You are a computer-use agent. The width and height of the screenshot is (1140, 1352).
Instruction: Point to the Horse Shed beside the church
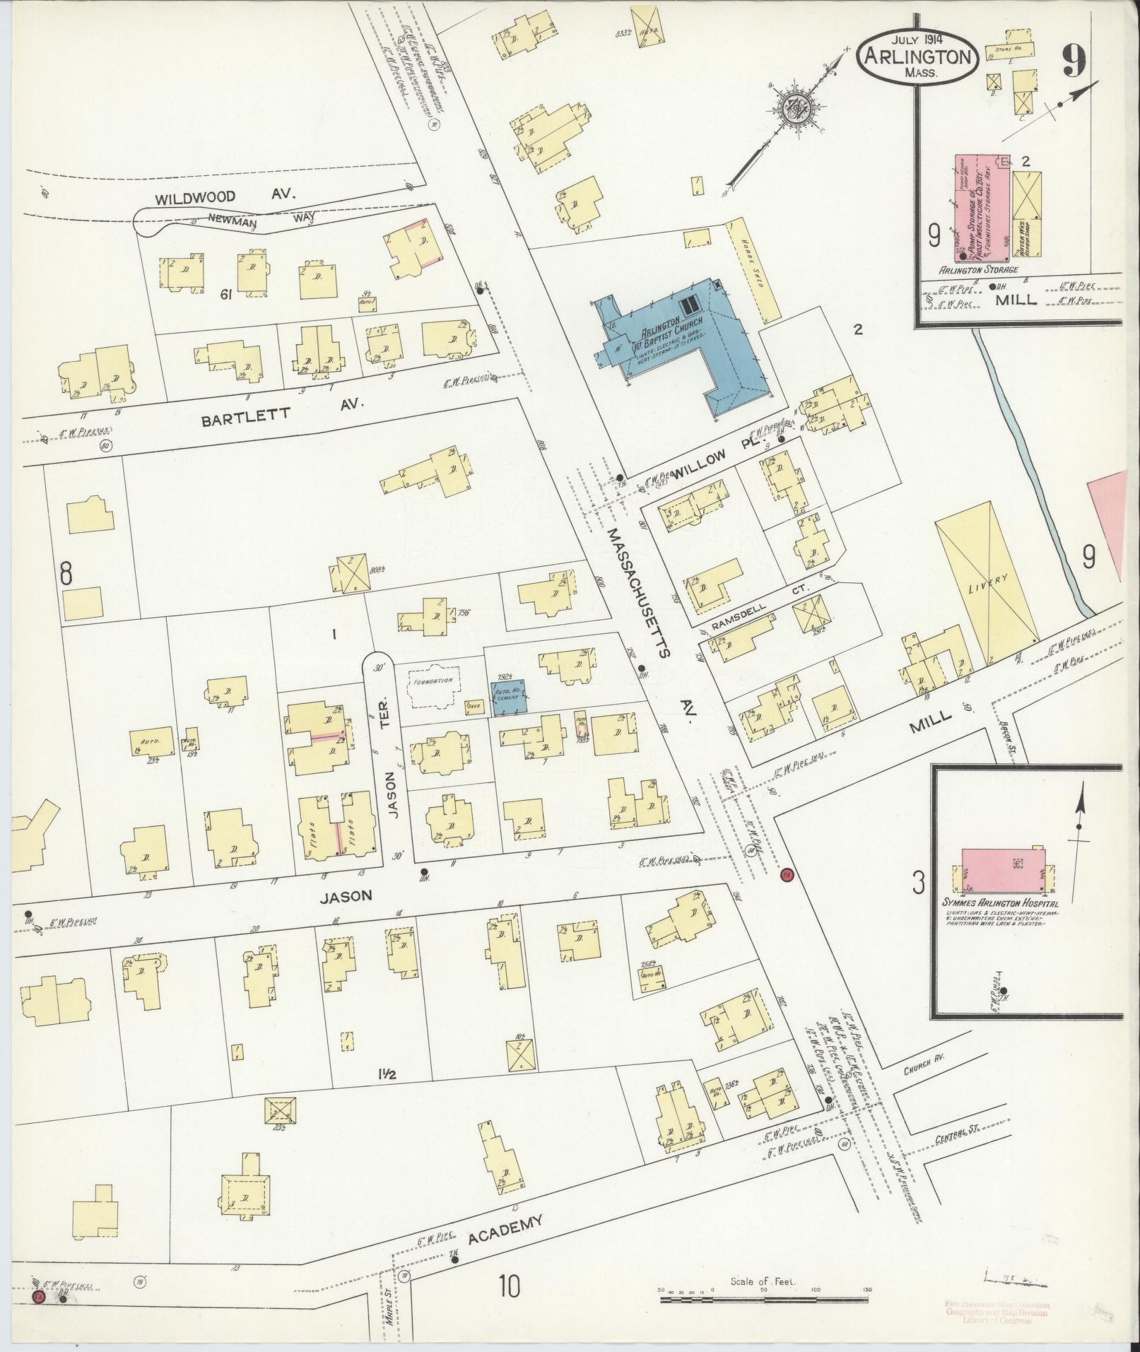pyautogui.click(x=757, y=268)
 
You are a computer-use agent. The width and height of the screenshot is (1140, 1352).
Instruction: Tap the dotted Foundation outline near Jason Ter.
pyautogui.click(x=433, y=685)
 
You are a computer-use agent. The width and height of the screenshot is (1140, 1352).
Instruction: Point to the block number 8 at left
pyautogui.click(x=66, y=573)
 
